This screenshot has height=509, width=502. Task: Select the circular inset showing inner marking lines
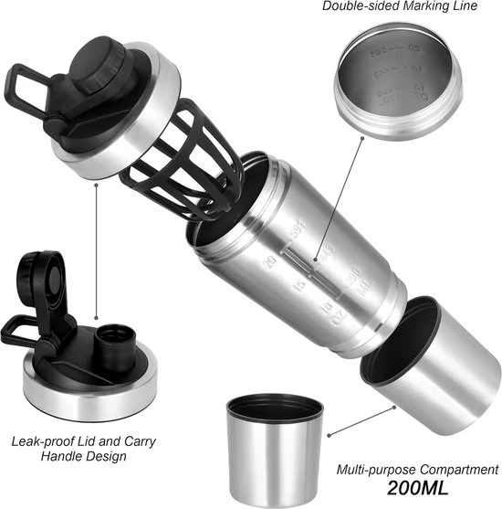[x=393, y=83]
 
